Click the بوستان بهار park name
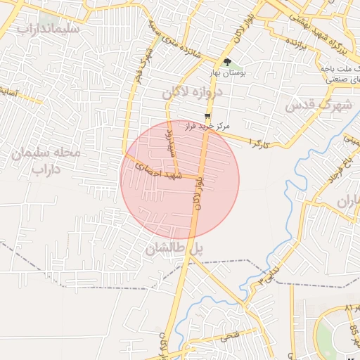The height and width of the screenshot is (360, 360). pos(227,72)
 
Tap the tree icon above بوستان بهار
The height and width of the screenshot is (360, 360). pos(227,62)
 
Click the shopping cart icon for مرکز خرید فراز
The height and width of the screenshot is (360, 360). pos(207,116)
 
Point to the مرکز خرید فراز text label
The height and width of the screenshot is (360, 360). pos(207,127)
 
